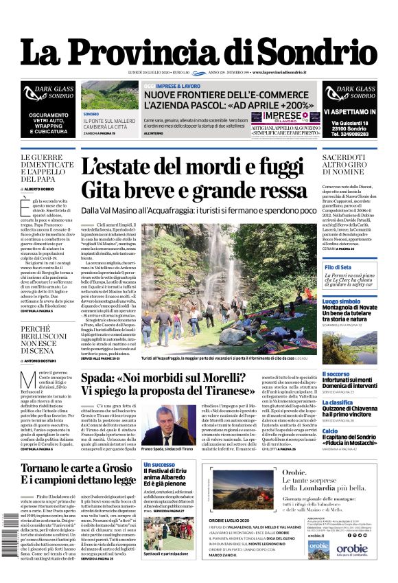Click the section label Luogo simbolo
click(x=341, y=301)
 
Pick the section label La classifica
click(x=338, y=402)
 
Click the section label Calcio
click(x=331, y=431)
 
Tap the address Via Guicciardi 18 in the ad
click(x=349, y=122)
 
